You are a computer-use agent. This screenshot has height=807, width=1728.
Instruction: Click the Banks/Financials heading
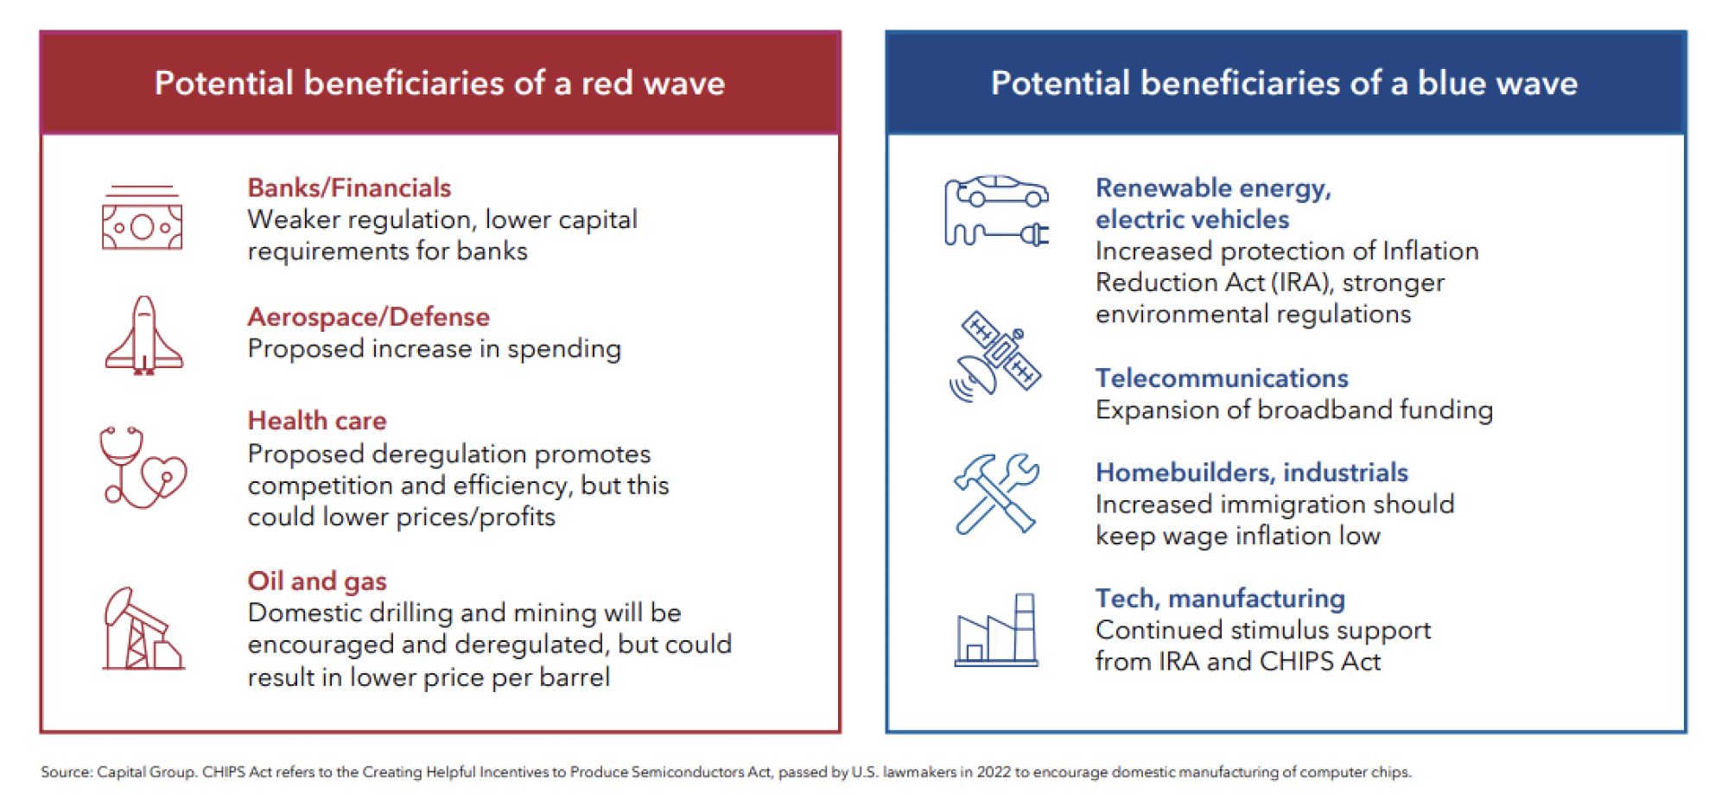[349, 187]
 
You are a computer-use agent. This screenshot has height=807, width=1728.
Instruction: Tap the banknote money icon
[143, 218]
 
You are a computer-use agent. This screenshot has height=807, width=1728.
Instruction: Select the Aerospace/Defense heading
[368, 317]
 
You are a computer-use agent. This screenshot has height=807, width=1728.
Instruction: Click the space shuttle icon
[144, 335]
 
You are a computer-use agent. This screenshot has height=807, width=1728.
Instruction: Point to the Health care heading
[317, 421]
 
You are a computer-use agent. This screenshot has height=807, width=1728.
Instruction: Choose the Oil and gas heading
[317, 581]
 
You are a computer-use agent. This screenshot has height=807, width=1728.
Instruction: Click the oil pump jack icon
[143, 629]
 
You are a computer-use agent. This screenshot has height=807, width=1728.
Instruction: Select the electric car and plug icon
[996, 212]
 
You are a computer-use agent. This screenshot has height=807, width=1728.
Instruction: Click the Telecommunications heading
[1222, 378]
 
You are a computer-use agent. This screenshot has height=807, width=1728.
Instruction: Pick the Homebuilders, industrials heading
[1252, 473]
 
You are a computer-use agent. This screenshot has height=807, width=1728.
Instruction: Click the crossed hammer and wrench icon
[996, 493]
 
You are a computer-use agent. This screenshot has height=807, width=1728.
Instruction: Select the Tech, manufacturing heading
[1220, 599]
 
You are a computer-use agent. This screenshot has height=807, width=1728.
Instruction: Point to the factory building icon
[996, 630]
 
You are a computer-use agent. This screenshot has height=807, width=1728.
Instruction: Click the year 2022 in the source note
[994, 772]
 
